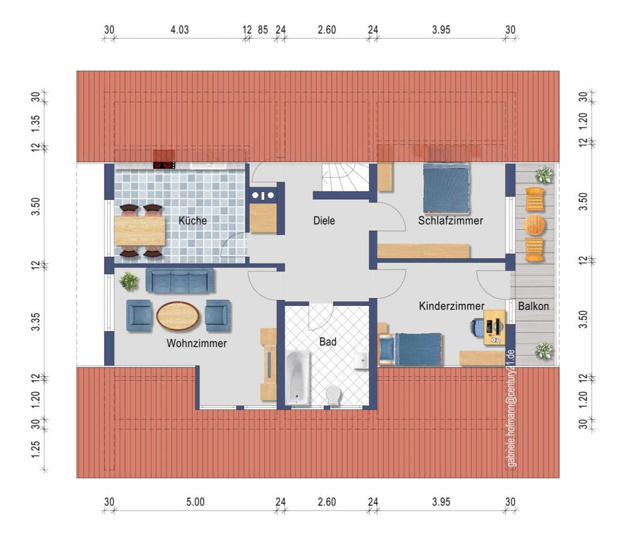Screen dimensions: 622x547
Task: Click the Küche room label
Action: [192, 221]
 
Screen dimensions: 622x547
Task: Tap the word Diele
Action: [324, 221]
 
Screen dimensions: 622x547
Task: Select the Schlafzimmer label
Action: [450, 221]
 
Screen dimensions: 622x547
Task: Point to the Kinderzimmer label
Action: [451, 306]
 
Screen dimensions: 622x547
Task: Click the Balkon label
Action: [533, 306]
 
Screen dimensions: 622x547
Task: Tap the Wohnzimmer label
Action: [196, 343]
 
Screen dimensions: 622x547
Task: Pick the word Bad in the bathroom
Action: [328, 341]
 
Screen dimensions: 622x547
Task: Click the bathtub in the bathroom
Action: [297, 377]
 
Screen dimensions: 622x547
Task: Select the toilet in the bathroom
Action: [333, 395]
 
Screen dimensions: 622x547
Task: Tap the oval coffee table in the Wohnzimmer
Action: [178, 316]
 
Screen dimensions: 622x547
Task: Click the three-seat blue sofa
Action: [180, 281]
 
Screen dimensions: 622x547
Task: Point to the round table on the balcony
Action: [534, 225]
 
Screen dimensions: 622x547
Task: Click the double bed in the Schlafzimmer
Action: [446, 188]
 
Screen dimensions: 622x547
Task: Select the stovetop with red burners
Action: [164, 165]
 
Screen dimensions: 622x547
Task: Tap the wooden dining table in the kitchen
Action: [139, 231]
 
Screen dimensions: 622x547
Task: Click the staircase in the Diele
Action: [346, 177]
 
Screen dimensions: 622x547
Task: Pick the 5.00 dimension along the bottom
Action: [195, 502]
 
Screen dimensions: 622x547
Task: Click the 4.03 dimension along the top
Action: [180, 30]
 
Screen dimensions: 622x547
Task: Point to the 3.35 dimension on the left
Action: [35, 321]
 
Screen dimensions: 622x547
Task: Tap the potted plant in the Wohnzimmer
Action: [129, 281]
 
